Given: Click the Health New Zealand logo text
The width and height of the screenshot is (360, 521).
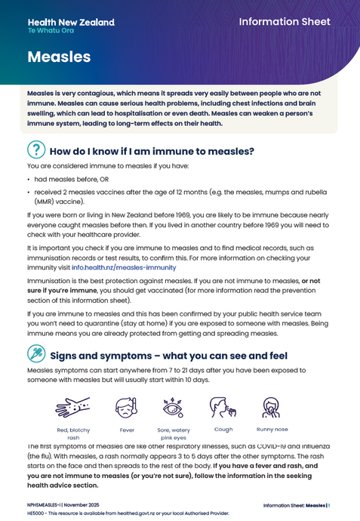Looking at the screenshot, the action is [x=71, y=23].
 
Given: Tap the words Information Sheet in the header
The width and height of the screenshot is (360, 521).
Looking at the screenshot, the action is [x=285, y=22].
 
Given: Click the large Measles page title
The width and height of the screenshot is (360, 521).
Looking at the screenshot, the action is [x=59, y=57].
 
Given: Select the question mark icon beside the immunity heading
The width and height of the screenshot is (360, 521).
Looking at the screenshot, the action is [x=36, y=150].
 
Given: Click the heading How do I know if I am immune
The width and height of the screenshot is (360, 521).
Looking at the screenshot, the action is [x=152, y=151].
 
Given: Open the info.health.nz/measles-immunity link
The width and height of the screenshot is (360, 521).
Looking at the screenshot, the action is [x=124, y=267].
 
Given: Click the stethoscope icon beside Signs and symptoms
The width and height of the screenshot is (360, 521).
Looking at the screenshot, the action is [x=36, y=354].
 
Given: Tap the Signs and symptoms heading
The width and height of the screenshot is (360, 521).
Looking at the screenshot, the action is [x=168, y=356].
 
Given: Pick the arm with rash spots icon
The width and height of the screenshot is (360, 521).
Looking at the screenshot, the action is [x=72, y=408].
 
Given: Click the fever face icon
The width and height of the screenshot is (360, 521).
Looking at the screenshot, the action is [x=127, y=408].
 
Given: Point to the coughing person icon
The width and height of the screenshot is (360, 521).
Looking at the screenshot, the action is [x=223, y=408].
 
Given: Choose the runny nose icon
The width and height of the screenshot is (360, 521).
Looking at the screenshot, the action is [x=272, y=408].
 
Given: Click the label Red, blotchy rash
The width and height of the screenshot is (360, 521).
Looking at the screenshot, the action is [x=73, y=433].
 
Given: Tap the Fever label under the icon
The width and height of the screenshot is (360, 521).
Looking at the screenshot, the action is [x=127, y=430].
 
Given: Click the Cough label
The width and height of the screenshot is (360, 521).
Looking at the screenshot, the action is [x=223, y=429].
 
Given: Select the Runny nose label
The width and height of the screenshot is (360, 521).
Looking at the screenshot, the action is [x=272, y=429].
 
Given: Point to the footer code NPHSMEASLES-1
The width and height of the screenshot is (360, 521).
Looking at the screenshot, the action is [x=47, y=505].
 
